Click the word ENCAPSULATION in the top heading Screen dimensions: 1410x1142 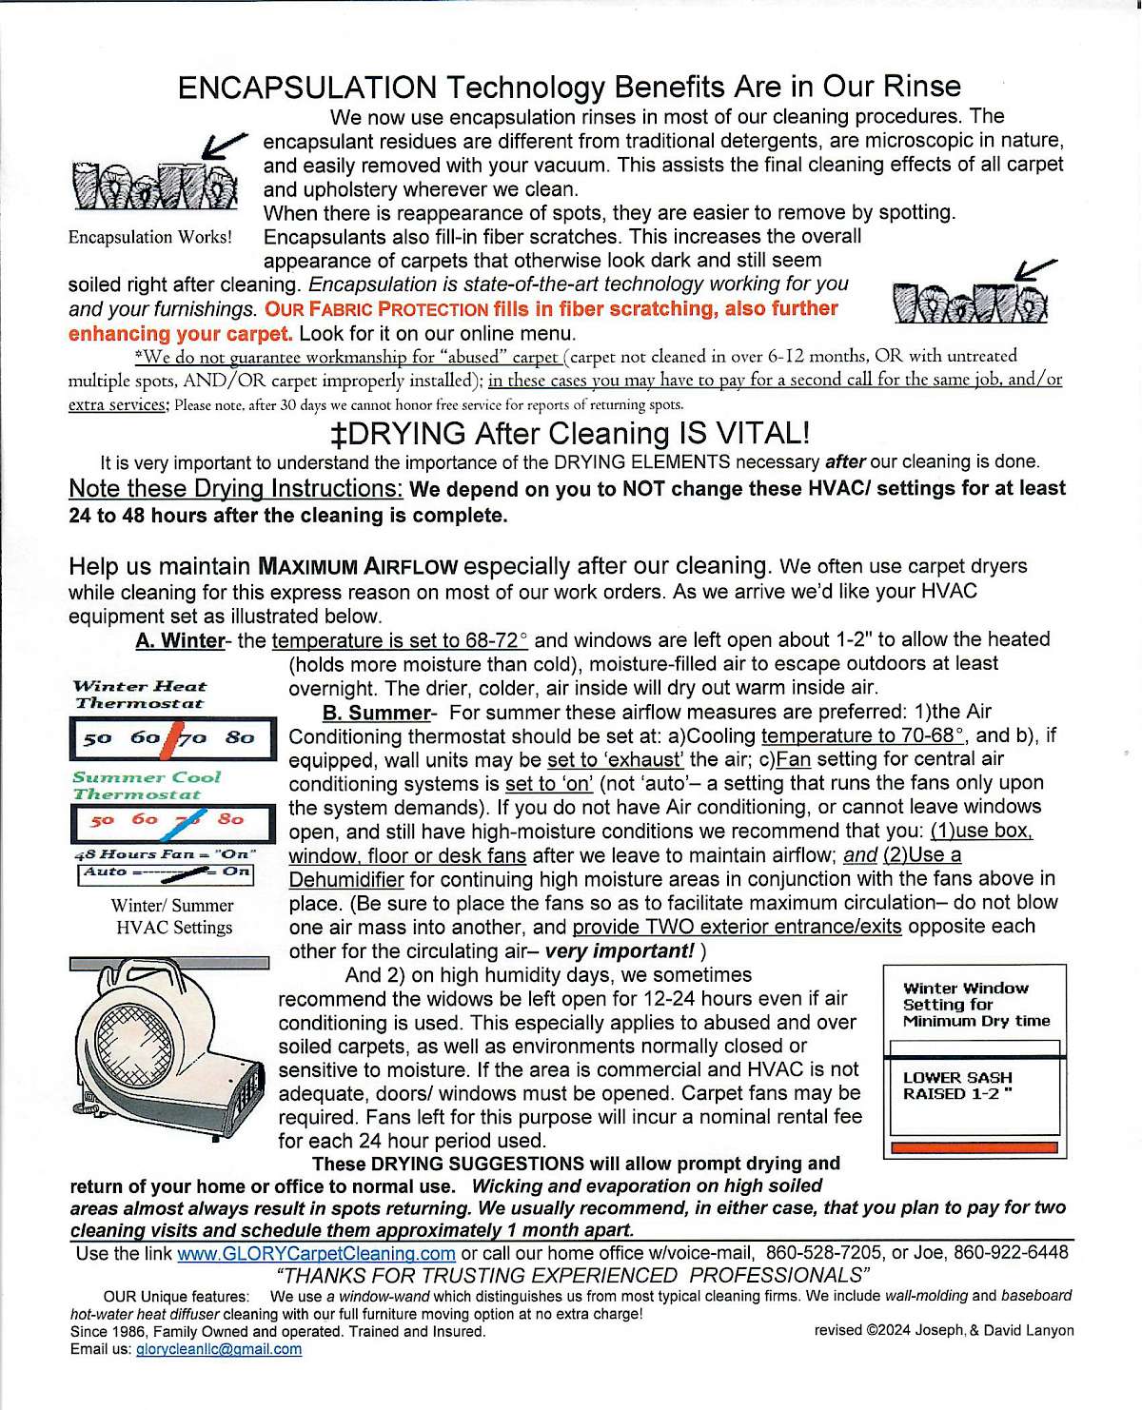tap(306, 88)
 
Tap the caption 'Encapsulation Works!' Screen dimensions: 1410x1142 tap(150, 237)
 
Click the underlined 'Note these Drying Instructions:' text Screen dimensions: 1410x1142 tap(236, 489)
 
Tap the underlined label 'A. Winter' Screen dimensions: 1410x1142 tap(180, 640)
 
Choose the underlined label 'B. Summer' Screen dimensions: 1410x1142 tap(376, 713)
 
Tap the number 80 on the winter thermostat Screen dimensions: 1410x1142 tap(240, 737)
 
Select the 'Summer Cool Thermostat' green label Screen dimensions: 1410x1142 tap(146, 786)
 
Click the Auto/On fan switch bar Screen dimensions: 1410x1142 tap(167, 872)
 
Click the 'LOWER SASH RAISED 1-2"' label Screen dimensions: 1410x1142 tap(957, 1086)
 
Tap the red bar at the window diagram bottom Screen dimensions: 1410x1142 tap(974, 1147)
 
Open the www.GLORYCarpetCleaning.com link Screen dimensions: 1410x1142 tap(316, 1254)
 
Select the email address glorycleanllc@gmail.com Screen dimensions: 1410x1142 tap(219, 1349)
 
